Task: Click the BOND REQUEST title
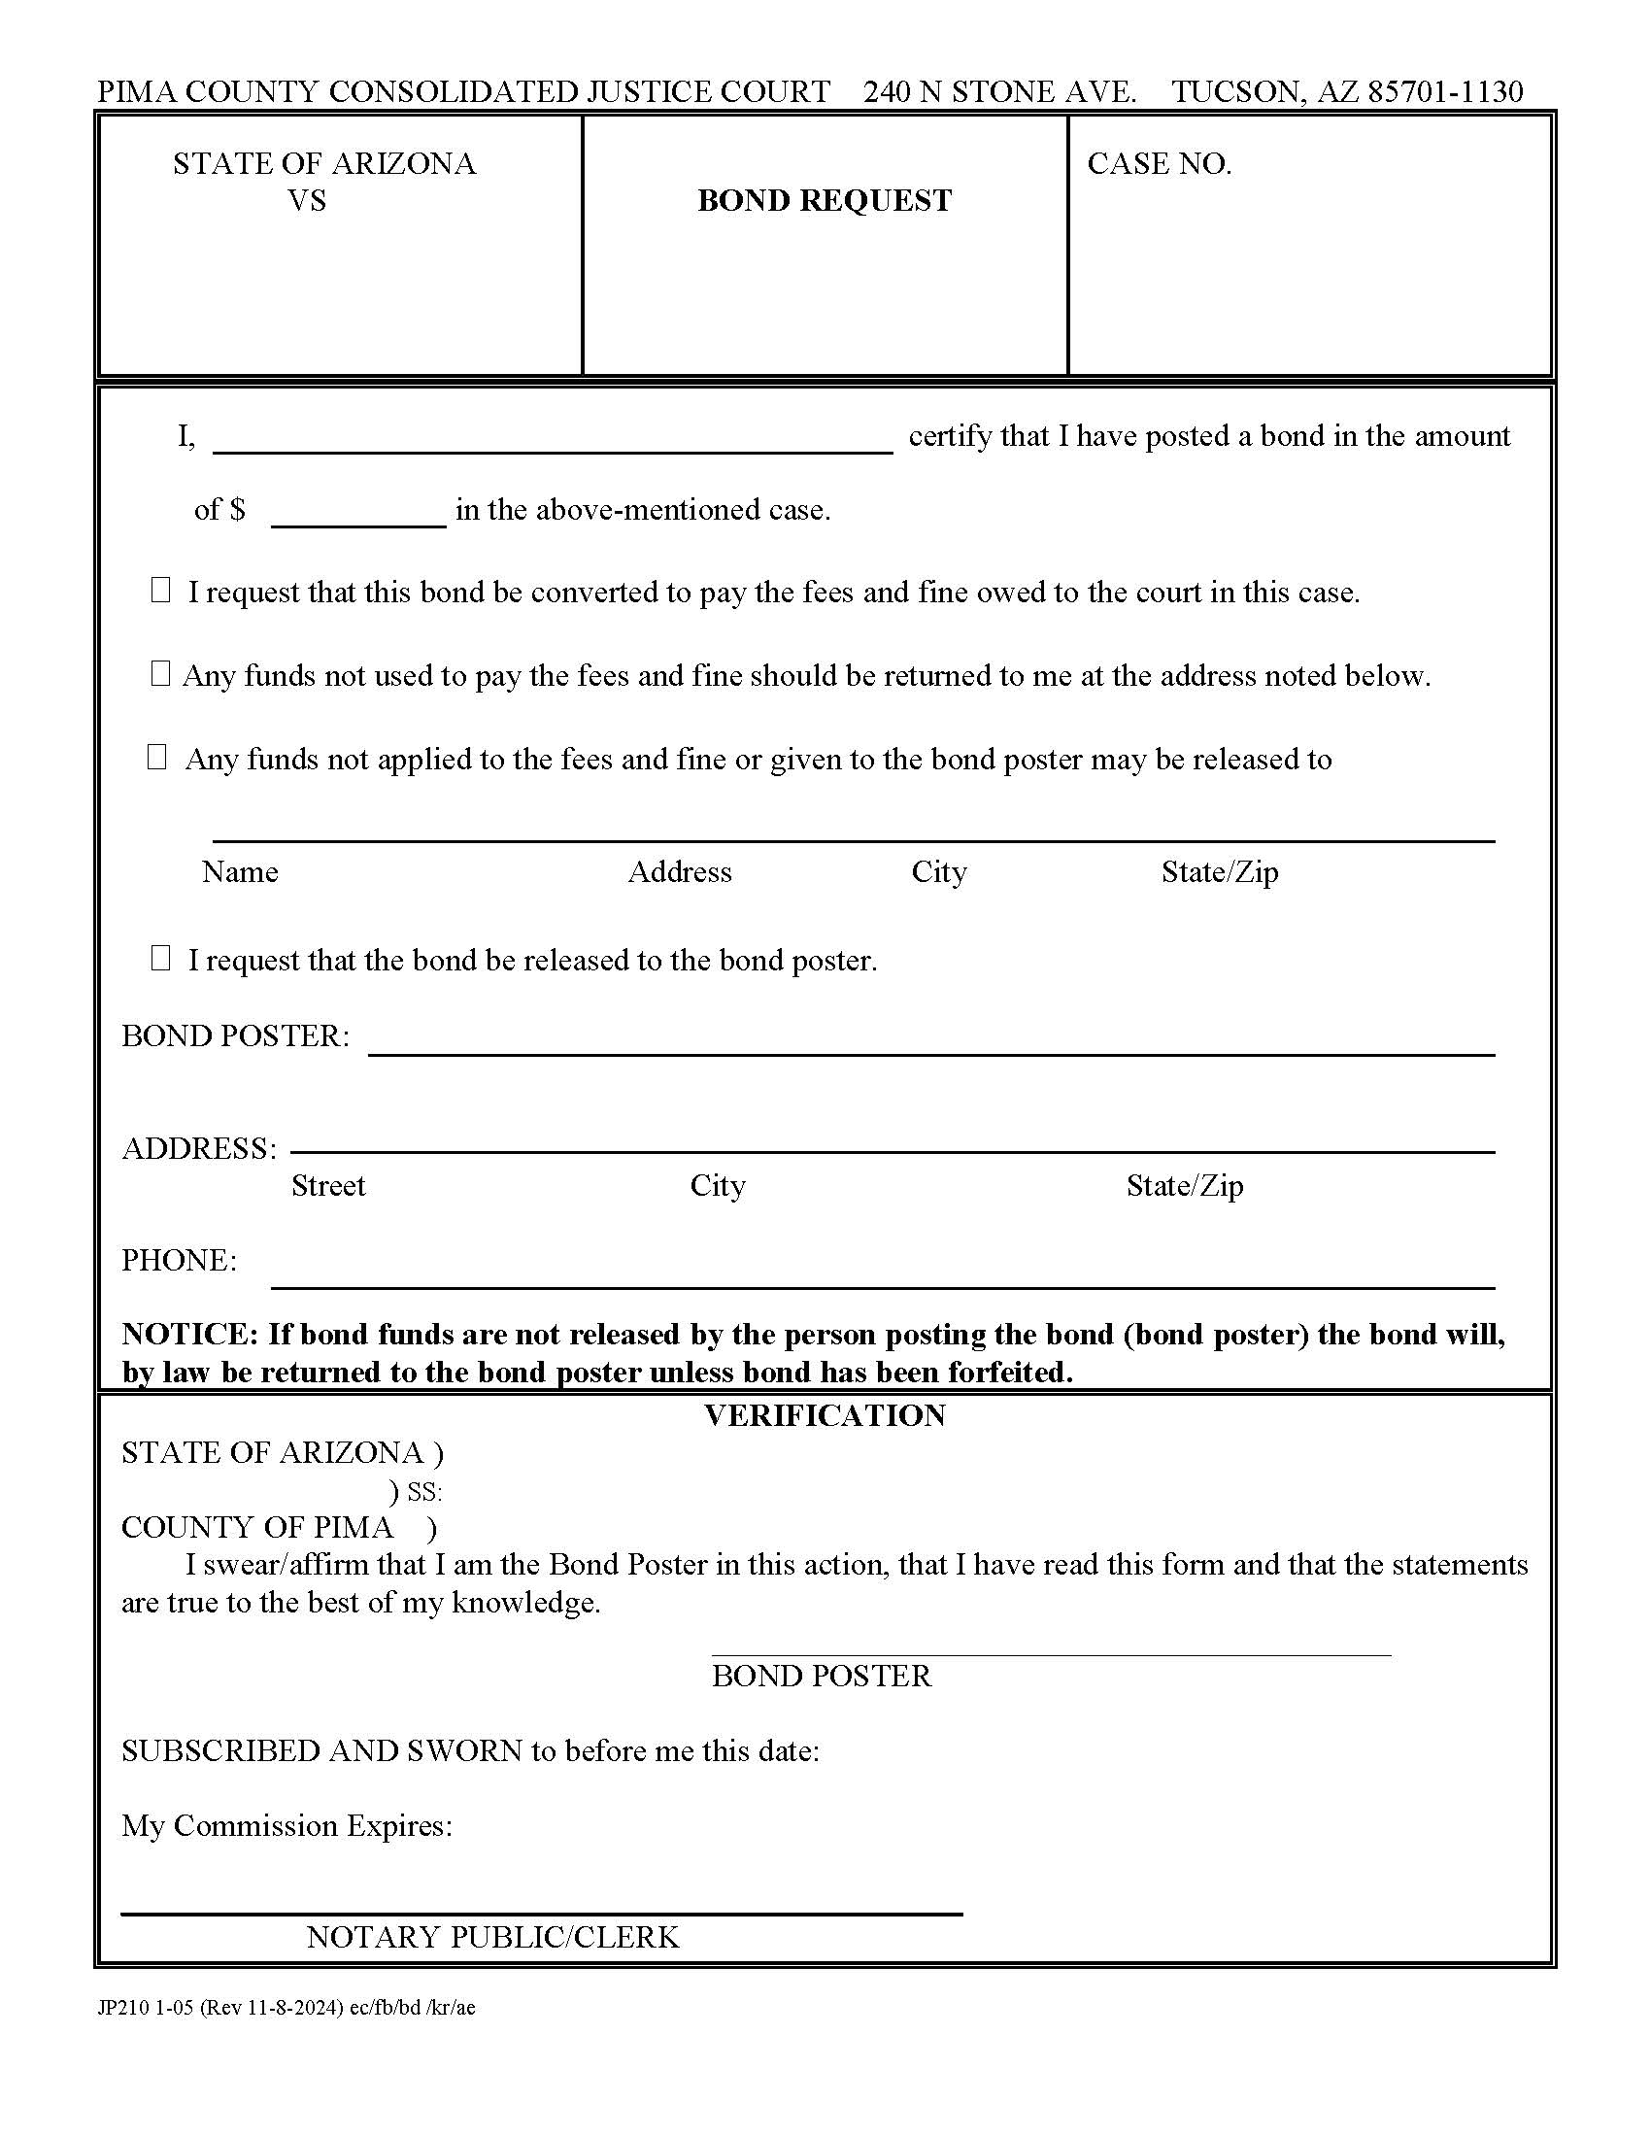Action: pos(824,201)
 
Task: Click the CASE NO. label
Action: pos(1159,163)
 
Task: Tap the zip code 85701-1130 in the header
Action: pos(1445,91)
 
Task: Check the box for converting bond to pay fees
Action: pos(161,590)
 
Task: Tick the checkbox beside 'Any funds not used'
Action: pos(161,673)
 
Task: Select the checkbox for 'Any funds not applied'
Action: pos(157,757)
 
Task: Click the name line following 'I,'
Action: pos(553,441)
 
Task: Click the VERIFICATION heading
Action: pos(825,1415)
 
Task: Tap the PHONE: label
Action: pos(179,1260)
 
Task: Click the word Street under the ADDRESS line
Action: pos(327,1185)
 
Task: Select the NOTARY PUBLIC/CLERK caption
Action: pos(492,1936)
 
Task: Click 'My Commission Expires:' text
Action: pos(286,1825)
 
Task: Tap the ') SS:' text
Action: pos(416,1491)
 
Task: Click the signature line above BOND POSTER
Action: pos(1051,1653)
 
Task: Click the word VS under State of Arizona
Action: pos(306,201)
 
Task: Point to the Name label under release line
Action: pos(240,872)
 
